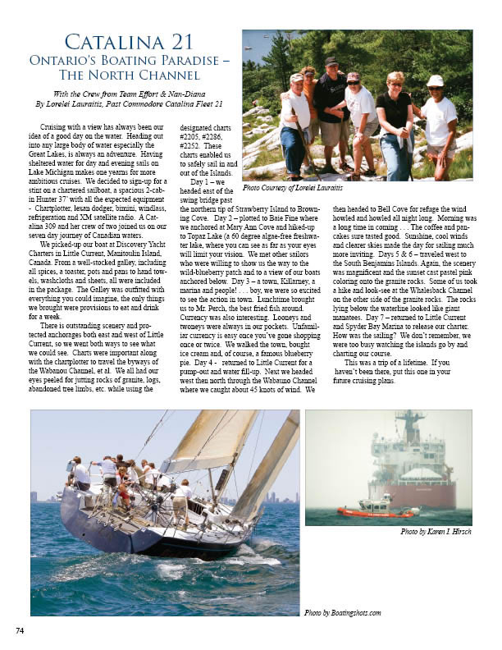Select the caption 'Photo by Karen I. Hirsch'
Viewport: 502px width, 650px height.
click(x=436, y=532)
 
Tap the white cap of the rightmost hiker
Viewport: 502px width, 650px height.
click(x=435, y=80)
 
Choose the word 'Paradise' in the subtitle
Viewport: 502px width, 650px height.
click(x=182, y=61)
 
